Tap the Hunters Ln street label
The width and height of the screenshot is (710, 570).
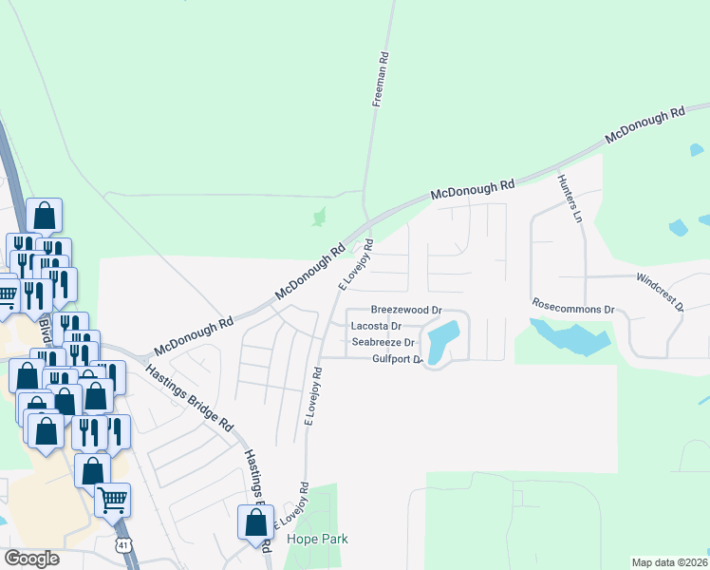tap(570, 197)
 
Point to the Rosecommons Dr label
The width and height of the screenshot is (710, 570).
tap(573, 309)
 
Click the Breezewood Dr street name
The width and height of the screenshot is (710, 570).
tap(406, 310)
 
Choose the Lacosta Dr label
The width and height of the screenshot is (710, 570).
tap(378, 326)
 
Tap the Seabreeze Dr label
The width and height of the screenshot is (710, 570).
tap(383, 342)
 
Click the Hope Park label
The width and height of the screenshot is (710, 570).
tap(320, 539)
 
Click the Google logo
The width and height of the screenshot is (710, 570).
tap(31, 559)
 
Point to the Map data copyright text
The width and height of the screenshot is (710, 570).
tap(669, 562)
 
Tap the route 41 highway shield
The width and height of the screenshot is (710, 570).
tap(122, 544)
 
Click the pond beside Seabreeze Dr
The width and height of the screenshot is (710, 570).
tap(442, 341)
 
